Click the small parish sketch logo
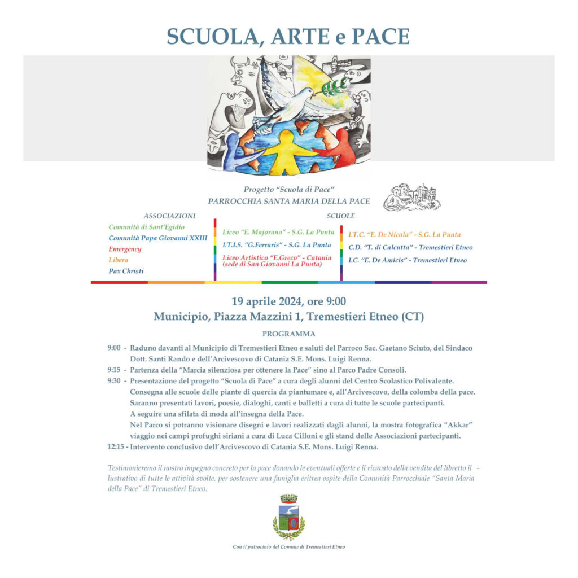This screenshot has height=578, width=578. pos(411,198)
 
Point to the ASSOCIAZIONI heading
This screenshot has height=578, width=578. pos(169,216)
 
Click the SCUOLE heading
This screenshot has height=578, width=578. pos(341,216)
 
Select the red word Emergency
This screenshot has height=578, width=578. pos(125,249)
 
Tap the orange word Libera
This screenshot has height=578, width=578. pos(119,260)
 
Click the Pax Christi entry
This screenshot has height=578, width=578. pos(126,271)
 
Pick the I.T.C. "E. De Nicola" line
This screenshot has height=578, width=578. pos(404,234)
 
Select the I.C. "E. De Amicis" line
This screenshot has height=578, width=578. pos(408,260)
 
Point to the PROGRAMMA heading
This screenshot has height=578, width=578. pos(289,334)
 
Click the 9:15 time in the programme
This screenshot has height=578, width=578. pos(113,370)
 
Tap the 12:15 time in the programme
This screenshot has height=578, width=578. pos(116,447)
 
